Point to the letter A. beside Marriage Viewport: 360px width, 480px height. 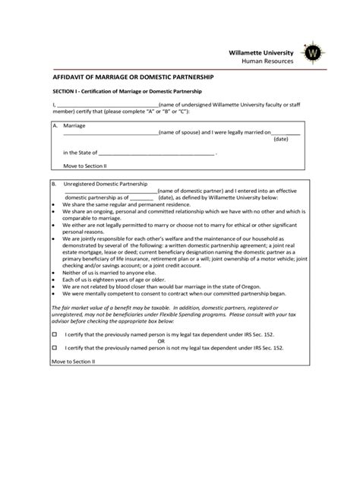[55, 125]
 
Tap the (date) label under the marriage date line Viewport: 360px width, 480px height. [280, 139]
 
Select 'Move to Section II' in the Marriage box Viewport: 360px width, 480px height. [86, 166]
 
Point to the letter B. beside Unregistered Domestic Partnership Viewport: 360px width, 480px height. [55, 183]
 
